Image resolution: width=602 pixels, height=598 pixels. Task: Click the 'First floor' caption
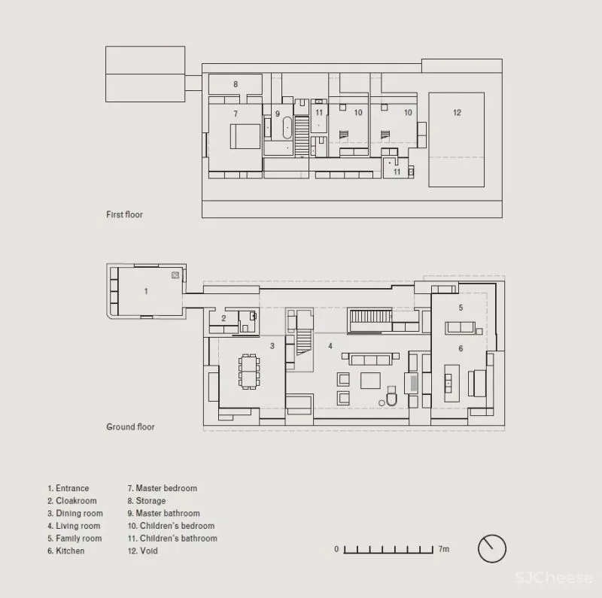pyautogui.click(x=124, y=214)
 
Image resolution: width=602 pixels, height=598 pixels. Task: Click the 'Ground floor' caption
pyautogui.click(x=130, y=426)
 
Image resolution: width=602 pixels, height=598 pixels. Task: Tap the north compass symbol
pyautogui.click(x=492, y=548)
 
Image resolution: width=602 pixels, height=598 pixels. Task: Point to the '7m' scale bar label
pyautogui.click(x=444, y=549)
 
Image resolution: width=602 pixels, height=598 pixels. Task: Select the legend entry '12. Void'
pyautogui.click(x=142, y=551)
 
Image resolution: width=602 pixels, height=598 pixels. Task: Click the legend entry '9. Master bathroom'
pyautogui.click(x=163, y=513)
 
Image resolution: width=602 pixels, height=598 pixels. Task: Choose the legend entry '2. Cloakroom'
pyautogui.click(x=72, y=500)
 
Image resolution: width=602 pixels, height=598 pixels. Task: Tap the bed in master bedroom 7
pyautogui.click(x=245, y=136)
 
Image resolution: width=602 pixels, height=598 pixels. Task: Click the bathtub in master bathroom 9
pyautogui.click(x=287, y=128)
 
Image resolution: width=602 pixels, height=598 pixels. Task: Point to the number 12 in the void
pyautogui.click(x=457, y=113)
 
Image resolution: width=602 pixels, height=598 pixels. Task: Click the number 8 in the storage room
pyautogui.click(x=236, y=84)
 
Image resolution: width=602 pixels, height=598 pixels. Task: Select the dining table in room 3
pyautogui.click(x=249, y=371)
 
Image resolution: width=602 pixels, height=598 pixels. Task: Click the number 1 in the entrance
pyautogui.click(x=146, y=291)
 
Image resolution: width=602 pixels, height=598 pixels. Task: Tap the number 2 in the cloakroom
pyautogui.click(x=223, y=318)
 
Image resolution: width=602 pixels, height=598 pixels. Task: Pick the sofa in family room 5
pyautogui.click(x=460, y=328)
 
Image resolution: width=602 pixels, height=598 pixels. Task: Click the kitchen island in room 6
pyautogui.click(x=452, y=384)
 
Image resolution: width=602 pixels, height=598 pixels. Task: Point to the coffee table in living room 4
pyautogui.click(x=370, y=381)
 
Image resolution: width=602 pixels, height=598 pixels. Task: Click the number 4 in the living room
pyautogui.click(x=330, y=346)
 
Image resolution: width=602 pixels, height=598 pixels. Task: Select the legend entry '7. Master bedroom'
pyautogui.click(x=163, y=488)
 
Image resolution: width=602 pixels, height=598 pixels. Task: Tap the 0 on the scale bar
pyautogui.click(x=336, y=549)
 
